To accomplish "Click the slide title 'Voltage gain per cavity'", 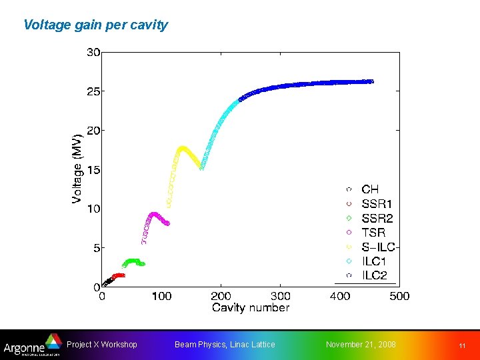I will (95, 25).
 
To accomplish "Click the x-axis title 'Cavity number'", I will (250, 307).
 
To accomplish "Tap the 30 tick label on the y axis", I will (93, 52).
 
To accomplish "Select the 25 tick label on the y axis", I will (93, 91).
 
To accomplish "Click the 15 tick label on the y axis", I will (93, 170).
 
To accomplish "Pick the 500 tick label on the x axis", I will (399, 296).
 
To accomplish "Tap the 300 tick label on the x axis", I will (280, 296).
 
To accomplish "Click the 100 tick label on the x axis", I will (162, 296).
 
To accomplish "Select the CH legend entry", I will (370, 190).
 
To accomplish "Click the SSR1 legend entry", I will (377, 204).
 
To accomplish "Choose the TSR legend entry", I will (373, 233).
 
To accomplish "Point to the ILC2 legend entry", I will (375, 275).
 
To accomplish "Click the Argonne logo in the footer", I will (31, 346).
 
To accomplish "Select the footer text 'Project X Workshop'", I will (102, 345).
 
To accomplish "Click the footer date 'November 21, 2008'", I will (361, 345).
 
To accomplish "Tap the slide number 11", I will (461, 345).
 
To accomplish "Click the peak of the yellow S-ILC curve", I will (182, 148).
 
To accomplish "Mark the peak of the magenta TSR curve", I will (154, 214).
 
